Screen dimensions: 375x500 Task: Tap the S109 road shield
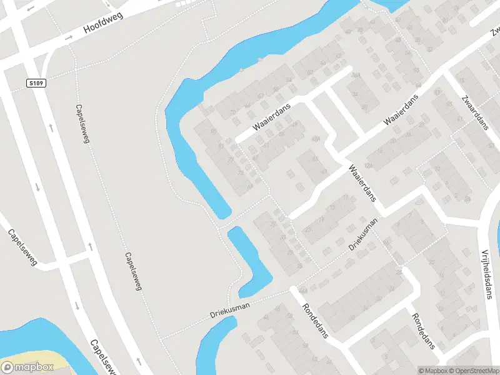(x=37, y=82)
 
